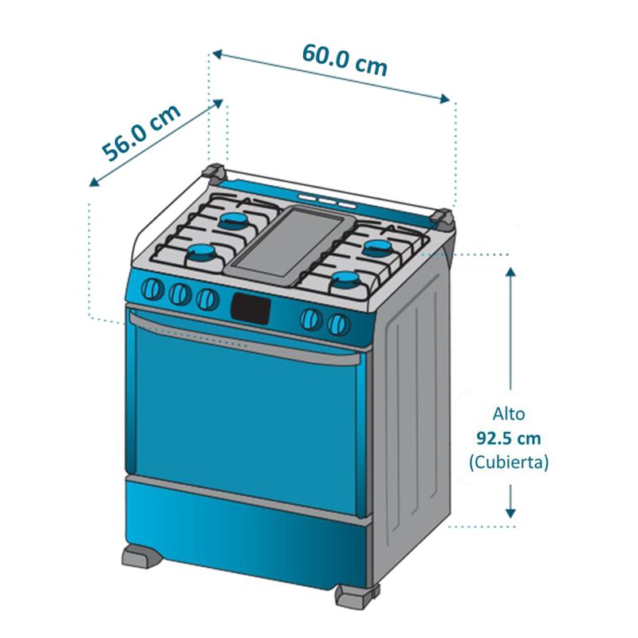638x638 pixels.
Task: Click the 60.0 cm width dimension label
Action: pos(345,60)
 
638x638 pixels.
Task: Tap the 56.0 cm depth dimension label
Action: pos(140,132)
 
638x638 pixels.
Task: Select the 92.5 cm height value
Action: pos(509,438)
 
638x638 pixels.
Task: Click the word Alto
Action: pos(509,414)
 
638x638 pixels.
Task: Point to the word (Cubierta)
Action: pos(509,463)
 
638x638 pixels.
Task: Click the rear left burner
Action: pos(234,221)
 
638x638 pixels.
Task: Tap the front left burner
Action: pos(203,254)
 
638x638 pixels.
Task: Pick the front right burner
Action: pos(346,280)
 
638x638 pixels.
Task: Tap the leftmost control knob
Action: pos(152,289)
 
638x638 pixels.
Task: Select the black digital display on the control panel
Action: pos(250,309)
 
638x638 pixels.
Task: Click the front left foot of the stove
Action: pos(143,556)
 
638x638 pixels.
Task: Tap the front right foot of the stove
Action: pos(356,596)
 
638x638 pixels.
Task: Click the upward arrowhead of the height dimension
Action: pos(510,271)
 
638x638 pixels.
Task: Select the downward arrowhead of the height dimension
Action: pos(510,513)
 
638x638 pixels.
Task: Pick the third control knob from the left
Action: pos(207,299)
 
